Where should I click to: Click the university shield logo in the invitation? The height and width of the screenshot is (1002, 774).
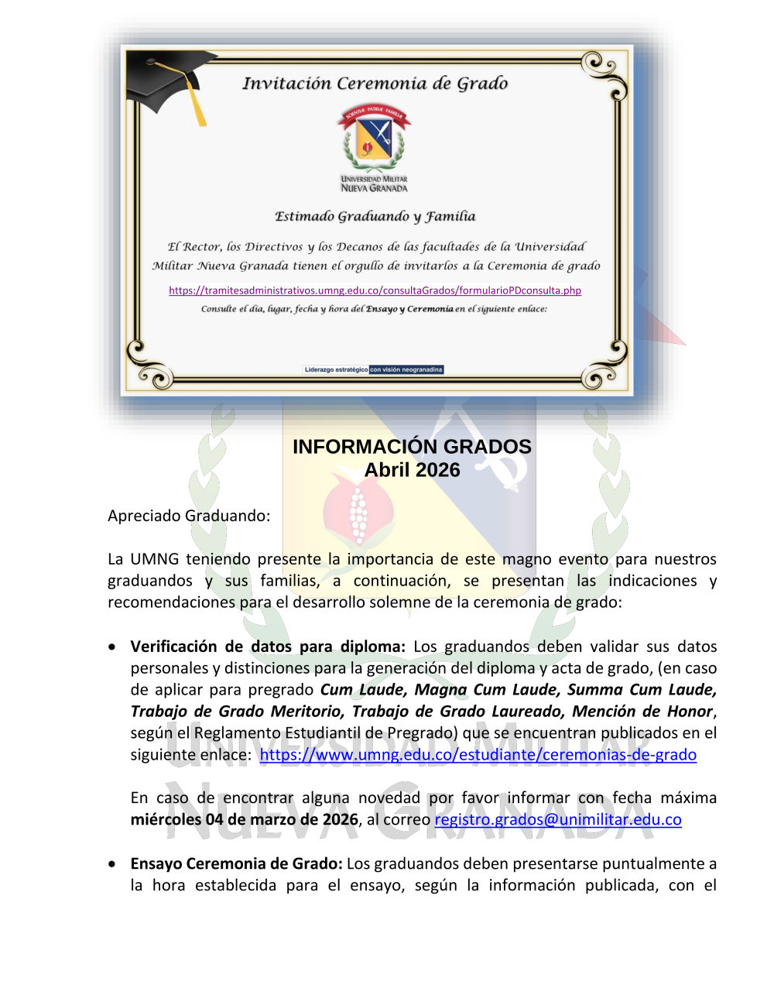(374, 139)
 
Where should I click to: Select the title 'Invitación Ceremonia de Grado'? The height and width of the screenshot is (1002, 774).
(375, 84)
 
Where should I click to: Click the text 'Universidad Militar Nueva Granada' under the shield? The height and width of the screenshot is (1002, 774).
(374, 184)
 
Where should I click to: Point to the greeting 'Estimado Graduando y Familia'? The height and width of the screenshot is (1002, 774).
(375, 217)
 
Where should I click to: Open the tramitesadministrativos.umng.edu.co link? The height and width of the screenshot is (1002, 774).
(375, 290)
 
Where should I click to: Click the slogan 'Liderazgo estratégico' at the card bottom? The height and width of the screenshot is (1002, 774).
(336, 369)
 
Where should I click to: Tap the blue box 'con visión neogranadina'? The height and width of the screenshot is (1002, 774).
(406, 369)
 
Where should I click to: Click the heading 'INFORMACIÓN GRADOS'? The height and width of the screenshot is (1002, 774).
(412, 447)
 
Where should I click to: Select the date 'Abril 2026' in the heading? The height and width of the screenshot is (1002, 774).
(412, 470)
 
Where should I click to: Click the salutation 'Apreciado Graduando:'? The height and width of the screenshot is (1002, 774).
(189, 516)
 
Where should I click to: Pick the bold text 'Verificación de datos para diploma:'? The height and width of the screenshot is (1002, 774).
(268, 647)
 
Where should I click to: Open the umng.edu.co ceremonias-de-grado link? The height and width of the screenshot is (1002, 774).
(478, 754)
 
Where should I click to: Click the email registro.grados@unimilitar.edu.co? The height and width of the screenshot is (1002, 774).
(557, 819)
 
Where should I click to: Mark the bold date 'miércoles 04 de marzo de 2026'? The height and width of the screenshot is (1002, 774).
(244, 819)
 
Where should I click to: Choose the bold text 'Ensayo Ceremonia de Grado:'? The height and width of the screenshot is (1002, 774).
(236, 863)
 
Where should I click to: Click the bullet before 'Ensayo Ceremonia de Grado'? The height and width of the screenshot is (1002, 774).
(114, 863)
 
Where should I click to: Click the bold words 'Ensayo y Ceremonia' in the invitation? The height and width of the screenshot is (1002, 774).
(409, 309)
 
